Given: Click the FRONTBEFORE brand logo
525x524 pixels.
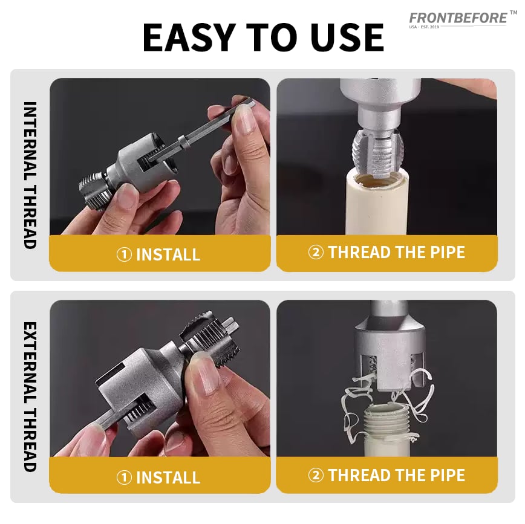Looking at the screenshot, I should [458, 18].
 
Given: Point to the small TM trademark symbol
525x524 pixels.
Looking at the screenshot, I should [514, 13].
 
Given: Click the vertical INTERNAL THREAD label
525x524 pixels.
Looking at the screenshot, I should [30, 175].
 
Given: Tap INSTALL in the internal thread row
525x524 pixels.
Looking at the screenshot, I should [168, 254].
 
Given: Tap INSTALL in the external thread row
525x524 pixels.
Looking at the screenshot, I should [168, 477].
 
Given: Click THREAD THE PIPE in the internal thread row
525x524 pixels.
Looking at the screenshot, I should [396, 252].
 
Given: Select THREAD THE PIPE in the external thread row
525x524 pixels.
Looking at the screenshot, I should [396, 475].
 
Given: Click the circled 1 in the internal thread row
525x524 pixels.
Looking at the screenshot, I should [124, 254].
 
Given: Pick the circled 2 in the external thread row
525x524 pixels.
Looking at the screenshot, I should [316, 476].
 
